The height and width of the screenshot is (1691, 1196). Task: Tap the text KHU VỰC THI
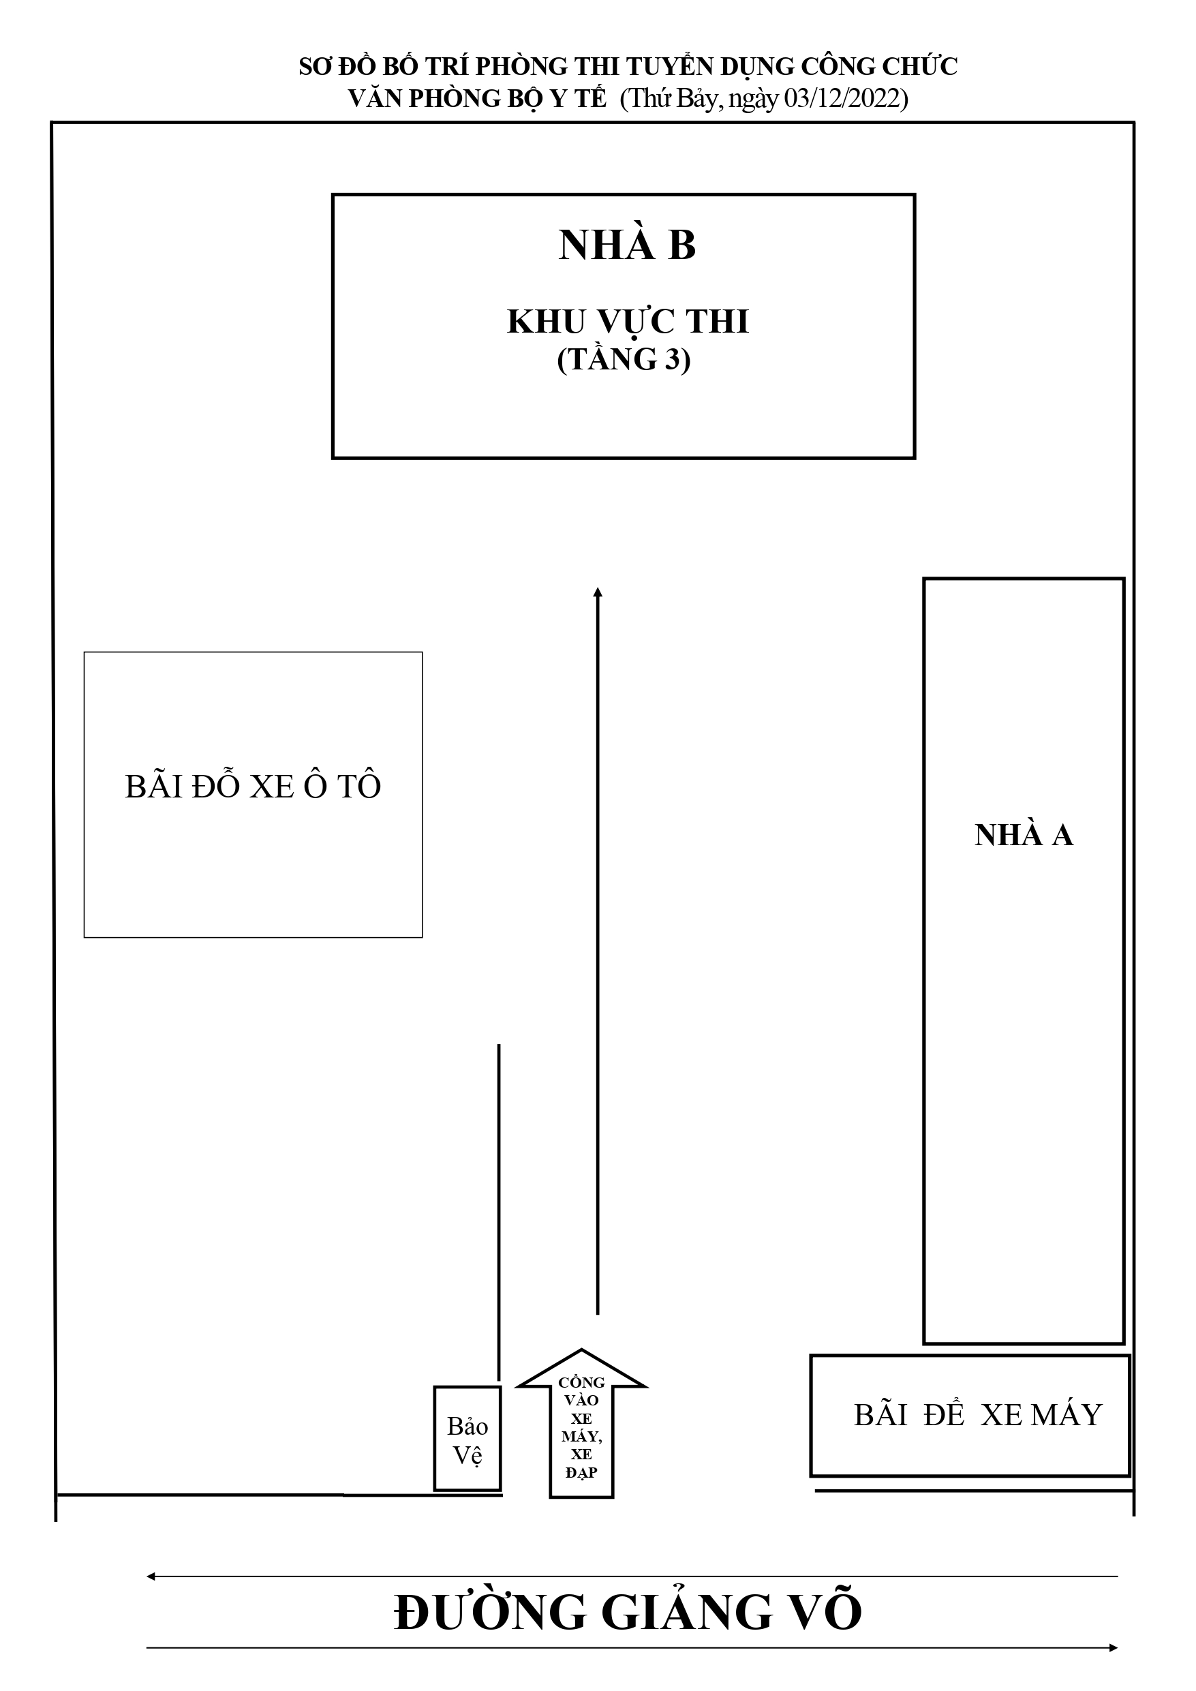(x=628, y=322)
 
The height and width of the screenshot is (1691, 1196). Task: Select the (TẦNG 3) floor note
(x=624, y=360)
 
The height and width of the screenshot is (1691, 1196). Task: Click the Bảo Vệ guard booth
(x=467, y=1438)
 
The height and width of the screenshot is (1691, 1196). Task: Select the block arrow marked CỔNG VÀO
(x=581, y=1425)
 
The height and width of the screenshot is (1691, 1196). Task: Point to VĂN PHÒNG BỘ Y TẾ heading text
(x=477, y=98)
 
